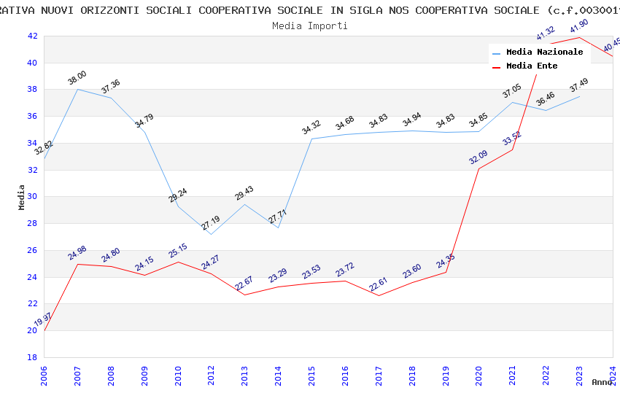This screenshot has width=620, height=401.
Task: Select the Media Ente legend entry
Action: tap(532, 66)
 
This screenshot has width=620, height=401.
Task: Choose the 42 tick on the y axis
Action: tap(32, 36)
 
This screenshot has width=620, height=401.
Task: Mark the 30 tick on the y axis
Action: tap(32, 196)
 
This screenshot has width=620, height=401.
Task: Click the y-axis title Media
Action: tap(22, 197)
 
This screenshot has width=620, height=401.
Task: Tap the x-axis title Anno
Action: tap(602, 382)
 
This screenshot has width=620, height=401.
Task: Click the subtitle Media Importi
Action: tap(309, 26)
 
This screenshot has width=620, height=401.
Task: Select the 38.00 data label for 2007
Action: tap(77, 75)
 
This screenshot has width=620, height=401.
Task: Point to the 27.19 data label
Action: tap(210, 222)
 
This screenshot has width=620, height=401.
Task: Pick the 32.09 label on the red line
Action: tap(478, 157)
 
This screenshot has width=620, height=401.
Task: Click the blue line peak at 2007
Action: tap(77, 89)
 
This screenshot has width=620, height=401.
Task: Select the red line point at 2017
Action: tap(379, 295)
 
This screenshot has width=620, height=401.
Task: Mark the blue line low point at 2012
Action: tap(211, 234)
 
